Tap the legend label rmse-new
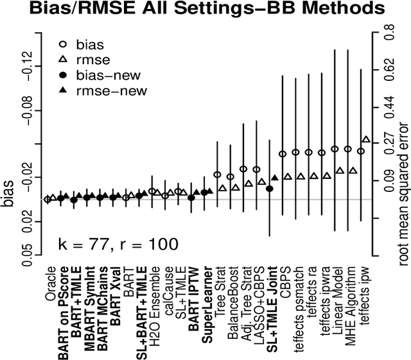[x=114, y=90]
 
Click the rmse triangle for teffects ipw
[x=365, y=139]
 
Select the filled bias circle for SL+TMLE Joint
[x=270, y=189]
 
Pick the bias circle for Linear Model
[x=335, y=149]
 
